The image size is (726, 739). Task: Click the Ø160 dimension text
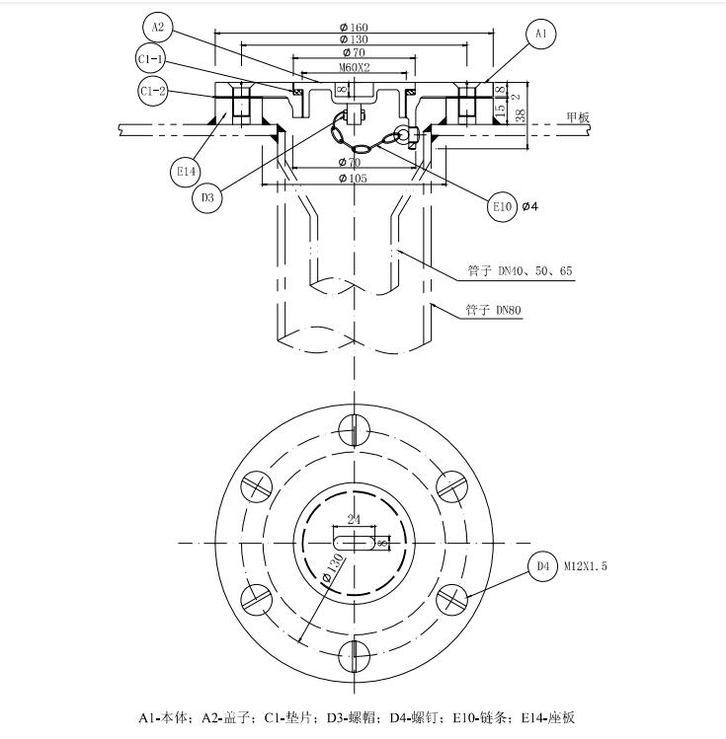(354, 28)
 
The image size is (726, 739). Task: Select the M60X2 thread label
(355, 67)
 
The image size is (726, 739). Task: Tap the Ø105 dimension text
(353, 179)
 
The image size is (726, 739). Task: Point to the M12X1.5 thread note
(586, 566)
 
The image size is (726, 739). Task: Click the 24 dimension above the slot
(354, 519)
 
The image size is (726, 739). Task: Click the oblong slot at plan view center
(355, 543)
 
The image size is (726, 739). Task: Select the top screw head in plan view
(355, 430)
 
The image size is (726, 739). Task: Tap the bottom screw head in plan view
(355, 655)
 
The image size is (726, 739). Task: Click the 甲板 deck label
(578, 117)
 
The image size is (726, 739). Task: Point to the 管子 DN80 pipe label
(494, 310)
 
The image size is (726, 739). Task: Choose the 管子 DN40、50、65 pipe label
(520, 270)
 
